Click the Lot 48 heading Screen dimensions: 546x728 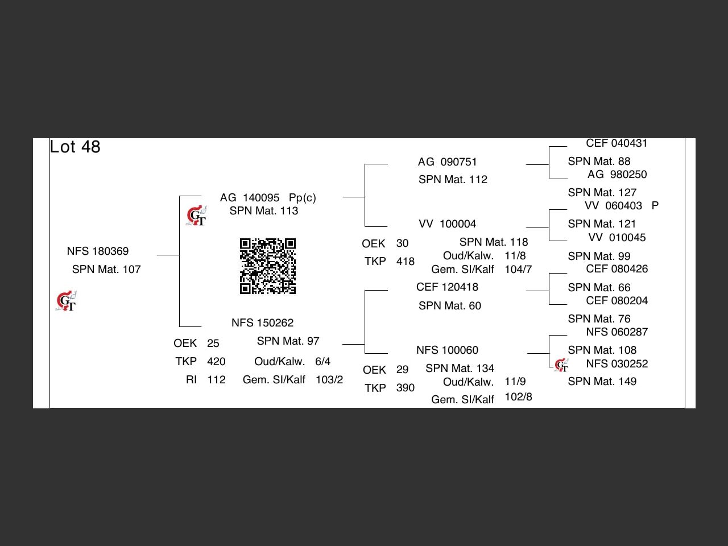click(x=75, y=147)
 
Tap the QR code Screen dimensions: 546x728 click(x=268, y=266)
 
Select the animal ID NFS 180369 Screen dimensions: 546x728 click(x=98, y=251)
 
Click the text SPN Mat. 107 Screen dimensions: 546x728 click(x=106, y=270)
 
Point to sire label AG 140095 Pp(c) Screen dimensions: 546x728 click(x=268, y=198)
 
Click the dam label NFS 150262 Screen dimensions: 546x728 click(x=262, y=323)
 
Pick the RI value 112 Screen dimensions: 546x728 click(x=216, y=380)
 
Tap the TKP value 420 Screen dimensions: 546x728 click(x=216, y=362)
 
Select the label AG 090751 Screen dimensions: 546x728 click(x=448, y=162)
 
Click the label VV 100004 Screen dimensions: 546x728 click(x=448, y=224)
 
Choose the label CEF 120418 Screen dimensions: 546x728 click(x=447, y=287)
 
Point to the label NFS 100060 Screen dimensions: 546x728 click(x=447, y=350)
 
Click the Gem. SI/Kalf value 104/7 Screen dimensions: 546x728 click(x=518, y=270)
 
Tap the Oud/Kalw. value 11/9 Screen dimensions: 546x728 click(x=515, y=382)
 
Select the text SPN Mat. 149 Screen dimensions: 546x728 click(x=602, y=382)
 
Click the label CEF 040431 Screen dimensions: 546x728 click(x=617, y=144)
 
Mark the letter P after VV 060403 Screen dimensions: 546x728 click(x=655, y=206)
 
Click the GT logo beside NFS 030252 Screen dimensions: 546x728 click(x=561, y=365)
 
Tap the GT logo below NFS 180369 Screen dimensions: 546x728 click(x=66, y=301)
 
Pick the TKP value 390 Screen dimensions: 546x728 click(x=405, y=388)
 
